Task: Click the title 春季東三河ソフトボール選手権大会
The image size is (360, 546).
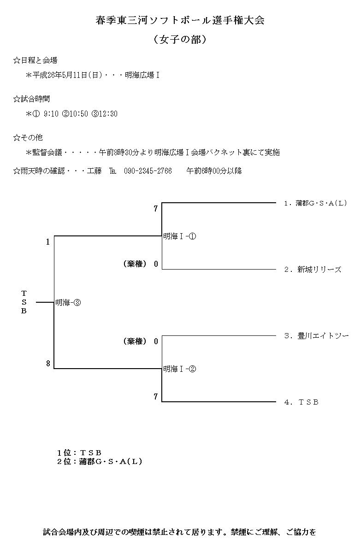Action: click(180, 21)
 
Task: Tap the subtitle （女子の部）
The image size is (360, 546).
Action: click(180, 40)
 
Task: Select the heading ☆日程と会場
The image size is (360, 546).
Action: click(35, 60)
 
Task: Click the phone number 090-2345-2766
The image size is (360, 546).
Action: click(148, 171)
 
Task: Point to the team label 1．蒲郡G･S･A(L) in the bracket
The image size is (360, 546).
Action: click(315, 203)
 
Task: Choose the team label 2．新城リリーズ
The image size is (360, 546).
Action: click(313, 270)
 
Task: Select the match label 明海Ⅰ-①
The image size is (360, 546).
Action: click(180, 236)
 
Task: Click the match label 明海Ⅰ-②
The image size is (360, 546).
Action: click(180, 369)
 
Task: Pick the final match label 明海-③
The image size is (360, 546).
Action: click(68, 302)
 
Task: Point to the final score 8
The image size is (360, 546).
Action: click(48, 364)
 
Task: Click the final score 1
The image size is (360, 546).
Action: click(48, 241)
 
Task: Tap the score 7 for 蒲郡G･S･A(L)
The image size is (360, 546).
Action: click(156, 209)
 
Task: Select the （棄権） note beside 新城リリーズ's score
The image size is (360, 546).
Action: click(135, 264)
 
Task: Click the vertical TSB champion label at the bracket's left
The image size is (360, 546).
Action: click(24, 302)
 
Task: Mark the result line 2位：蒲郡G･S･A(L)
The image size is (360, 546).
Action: click(100, 461)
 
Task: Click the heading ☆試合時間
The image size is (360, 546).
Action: click(32, 99)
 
